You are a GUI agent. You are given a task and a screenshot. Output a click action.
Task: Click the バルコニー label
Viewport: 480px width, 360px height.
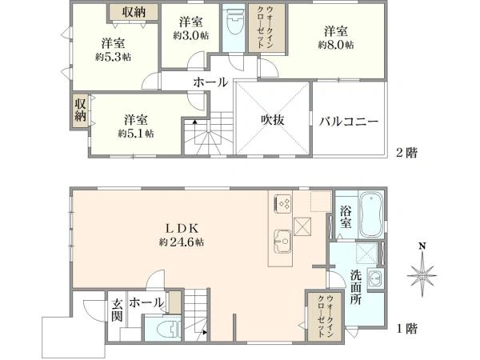click(x=348, y=122)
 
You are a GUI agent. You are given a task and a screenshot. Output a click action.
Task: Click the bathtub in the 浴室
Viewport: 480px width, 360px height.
click(x=370, y=215)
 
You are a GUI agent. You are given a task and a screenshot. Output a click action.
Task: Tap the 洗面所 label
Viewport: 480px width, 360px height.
click(x=356, y=286)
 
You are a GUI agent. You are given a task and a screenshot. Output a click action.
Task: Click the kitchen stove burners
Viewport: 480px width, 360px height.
click(x=283, y=203)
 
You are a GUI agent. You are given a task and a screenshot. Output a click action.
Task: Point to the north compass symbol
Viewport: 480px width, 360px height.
click(x=421, y=274)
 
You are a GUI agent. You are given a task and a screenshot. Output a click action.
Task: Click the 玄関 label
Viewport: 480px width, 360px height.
click(x=117, y=309)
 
